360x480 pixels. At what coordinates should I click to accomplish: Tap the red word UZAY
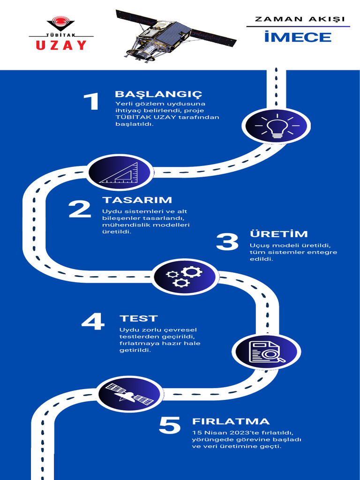(61, 45)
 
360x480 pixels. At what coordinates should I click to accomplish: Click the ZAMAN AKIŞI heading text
(300, 19)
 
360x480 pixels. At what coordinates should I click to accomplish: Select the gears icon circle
(185, 277)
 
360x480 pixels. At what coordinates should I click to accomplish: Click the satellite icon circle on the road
(130, 395)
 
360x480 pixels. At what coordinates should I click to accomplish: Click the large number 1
(91, 102)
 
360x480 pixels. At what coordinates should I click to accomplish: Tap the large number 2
(80, 209)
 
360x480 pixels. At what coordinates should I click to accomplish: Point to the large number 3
(227, 242)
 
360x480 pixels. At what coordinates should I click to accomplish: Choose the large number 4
(93, 322)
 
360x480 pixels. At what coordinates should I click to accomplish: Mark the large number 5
(170, 426)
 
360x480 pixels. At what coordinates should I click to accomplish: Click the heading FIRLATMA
(231, 421)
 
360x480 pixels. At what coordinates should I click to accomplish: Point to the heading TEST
(138, 319)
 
